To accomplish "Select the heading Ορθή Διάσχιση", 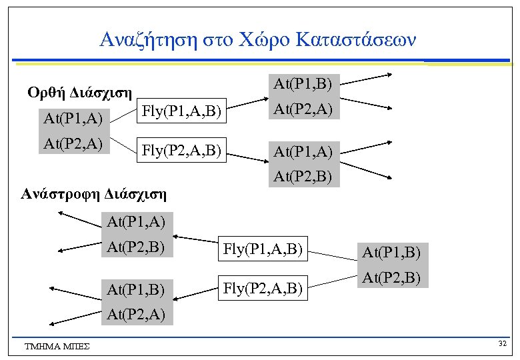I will tap(79, 91).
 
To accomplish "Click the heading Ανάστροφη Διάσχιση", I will tap(93, 195).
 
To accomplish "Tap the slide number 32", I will tap(501, 343).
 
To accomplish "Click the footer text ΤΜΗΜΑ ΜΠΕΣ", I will tap(57, 345).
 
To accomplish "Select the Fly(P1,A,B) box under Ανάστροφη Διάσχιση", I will tap(264, 249).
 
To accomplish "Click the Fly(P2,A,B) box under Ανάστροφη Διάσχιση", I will tap(264, 288).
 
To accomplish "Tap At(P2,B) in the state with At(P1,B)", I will tap(391, 277).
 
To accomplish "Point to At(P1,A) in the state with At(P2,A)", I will tap(73, 119).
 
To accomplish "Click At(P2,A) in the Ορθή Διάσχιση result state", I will tap(303, 108).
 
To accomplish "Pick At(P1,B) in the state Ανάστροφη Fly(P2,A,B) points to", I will tap(135, 289).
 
